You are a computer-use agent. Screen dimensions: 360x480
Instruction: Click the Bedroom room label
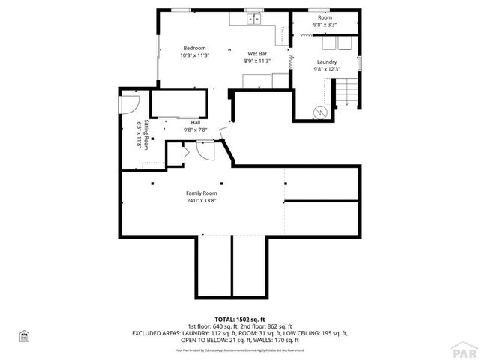(x=194, y=49)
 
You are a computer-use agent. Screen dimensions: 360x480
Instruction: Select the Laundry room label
(x=326, y=61)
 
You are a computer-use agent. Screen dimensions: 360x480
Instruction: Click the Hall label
(x=195, y=122)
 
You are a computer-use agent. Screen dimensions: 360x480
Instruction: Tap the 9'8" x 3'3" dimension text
(x=325, y=25)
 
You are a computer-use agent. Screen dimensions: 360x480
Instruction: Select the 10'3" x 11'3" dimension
(x=194, y=55)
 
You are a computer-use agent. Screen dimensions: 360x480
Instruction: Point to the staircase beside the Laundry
(x=346, y=94)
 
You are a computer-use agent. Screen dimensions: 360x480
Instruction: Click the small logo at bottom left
(x=22, y=337)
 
